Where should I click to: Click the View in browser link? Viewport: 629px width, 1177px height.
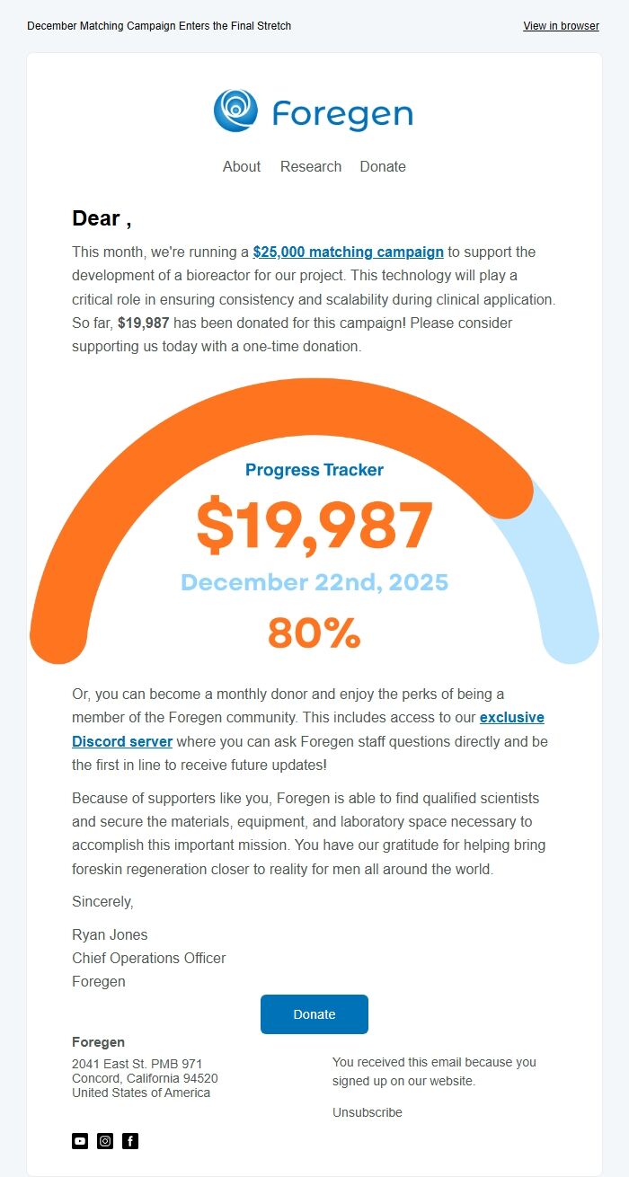(561, 26)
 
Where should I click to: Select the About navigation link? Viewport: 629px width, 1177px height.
(242, 166)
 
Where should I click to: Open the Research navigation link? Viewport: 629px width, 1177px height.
(311, 166)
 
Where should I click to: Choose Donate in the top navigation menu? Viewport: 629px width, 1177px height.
(383, 166)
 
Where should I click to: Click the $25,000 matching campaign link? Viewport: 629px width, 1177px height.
(349, 252)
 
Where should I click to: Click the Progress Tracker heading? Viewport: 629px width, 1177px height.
(314, 470)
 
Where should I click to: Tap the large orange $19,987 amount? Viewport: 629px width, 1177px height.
(314, 526)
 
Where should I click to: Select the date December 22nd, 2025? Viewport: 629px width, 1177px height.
(314, 582)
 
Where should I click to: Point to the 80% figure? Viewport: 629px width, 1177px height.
(314, 633)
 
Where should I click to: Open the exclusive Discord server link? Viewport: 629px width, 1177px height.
(122, 741)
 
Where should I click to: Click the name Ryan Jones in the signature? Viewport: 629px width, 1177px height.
(110, 934)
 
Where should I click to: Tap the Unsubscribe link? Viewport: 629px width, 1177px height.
(368, 1112)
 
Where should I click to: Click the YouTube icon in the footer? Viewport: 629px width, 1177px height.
(80, 1141)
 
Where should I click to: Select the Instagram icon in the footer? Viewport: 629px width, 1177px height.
(105, 1141)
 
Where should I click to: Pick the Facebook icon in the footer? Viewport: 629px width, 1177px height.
(130, 1141)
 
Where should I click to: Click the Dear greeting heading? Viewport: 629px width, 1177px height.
(102, 218)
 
